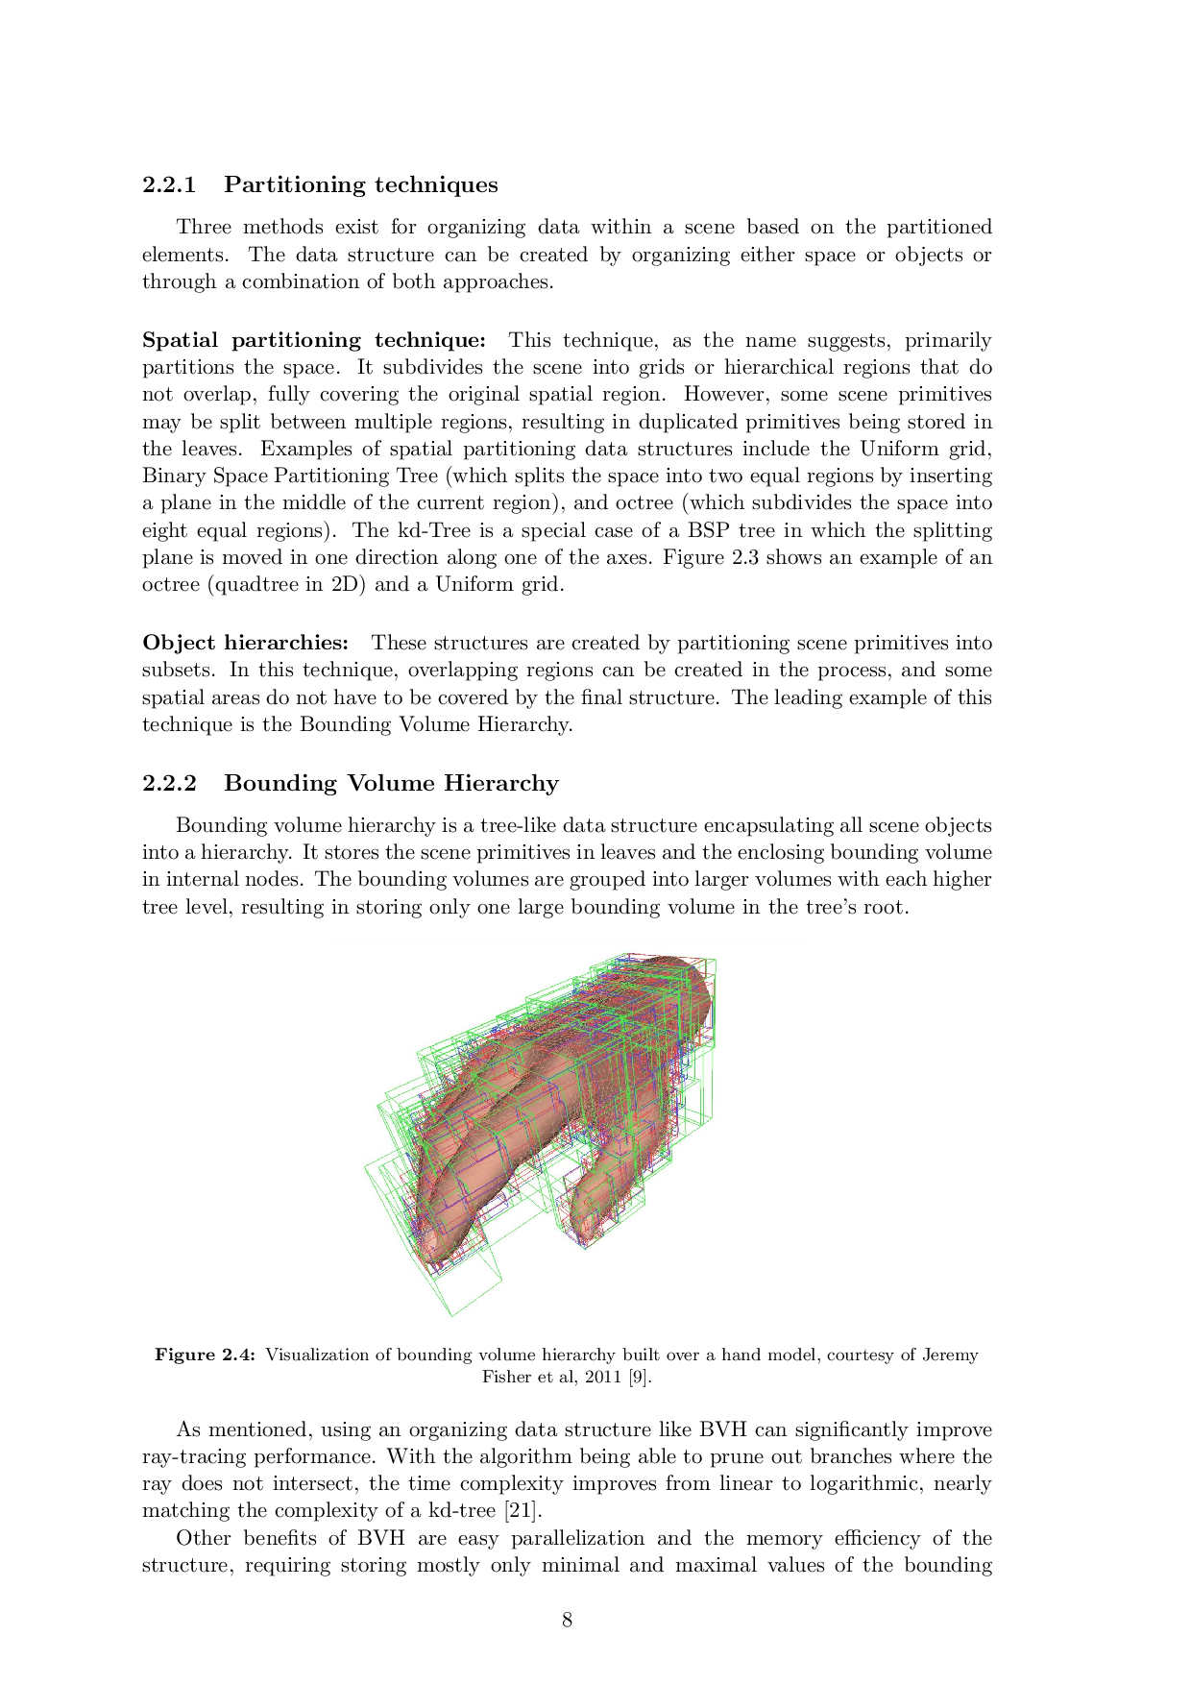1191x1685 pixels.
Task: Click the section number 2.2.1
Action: (169, 184)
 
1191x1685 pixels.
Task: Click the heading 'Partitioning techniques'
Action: (360, 184)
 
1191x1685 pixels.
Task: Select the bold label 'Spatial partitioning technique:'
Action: (314, 340)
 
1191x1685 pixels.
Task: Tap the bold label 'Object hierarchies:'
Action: (245, 643)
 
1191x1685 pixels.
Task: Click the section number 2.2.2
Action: (169, 783)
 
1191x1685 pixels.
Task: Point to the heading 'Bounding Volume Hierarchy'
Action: (391, 783)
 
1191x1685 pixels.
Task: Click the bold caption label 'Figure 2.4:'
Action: (206, 1355)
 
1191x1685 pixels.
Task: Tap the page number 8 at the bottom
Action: (567, 1620)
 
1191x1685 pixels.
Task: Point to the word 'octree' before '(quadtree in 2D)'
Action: (170, 584)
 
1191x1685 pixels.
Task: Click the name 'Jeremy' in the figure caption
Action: (950, 1355)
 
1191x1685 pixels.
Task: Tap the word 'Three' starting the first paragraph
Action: (204, 227)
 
